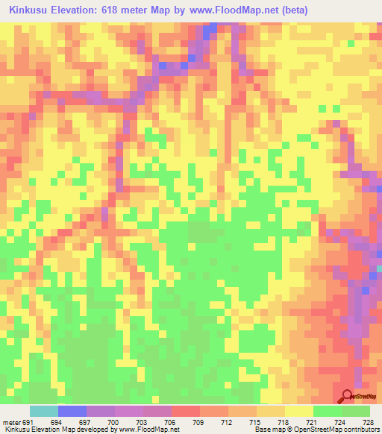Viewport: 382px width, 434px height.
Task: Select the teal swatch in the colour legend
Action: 44,412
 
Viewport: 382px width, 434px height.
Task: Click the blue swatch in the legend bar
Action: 72,412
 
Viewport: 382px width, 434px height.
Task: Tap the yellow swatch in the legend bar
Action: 299,412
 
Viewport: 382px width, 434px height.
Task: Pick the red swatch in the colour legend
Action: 186,412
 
